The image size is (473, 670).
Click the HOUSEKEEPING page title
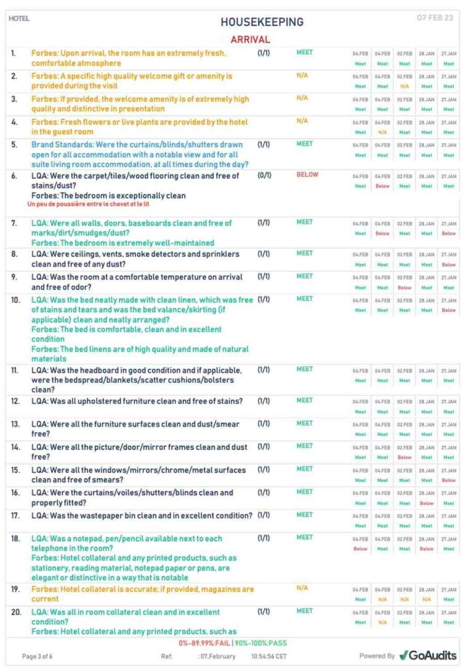pyautogui.click(x=262, y=22)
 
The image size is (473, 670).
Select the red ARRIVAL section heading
pyautogui.click(x=250, y=39)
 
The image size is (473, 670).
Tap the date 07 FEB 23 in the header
pyautogui.click(x=435, y=18)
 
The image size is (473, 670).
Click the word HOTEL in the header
pyautogui.click(x=19, y=18)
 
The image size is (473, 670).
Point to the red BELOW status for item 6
pyautogui.click(x=307, y=174)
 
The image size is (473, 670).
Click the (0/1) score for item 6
pyautogui.click(x=264, y=175)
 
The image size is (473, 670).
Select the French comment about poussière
pyautogui.click(x=89, y=203)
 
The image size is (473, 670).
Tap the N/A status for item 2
pyautogui.click(x=302, y=76)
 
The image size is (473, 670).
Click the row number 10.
pyautogui.click(x=15, y=300)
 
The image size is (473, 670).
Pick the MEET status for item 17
pyautogui.click(x=304, y=515)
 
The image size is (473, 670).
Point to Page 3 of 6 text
pyautogui.click(x=37, y=656)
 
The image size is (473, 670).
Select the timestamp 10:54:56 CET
pyautogui.click(x=269, y=656)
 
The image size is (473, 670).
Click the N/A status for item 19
pyautogui.click(x=302, y=588)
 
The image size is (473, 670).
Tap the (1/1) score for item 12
pyautogui.click(x=264, y=401)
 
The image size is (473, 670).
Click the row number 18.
pyautogui.click(x=15, y=539)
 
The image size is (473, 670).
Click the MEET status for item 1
pyautogui.click(x=304, y=53)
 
